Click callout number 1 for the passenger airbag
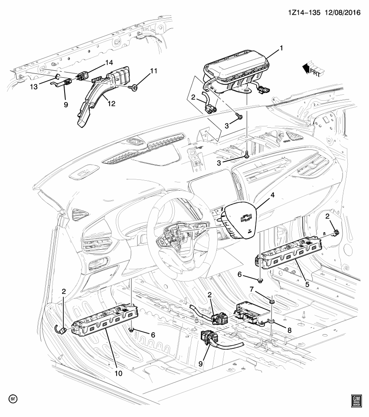pos(281,47)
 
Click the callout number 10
pos(119,373)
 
